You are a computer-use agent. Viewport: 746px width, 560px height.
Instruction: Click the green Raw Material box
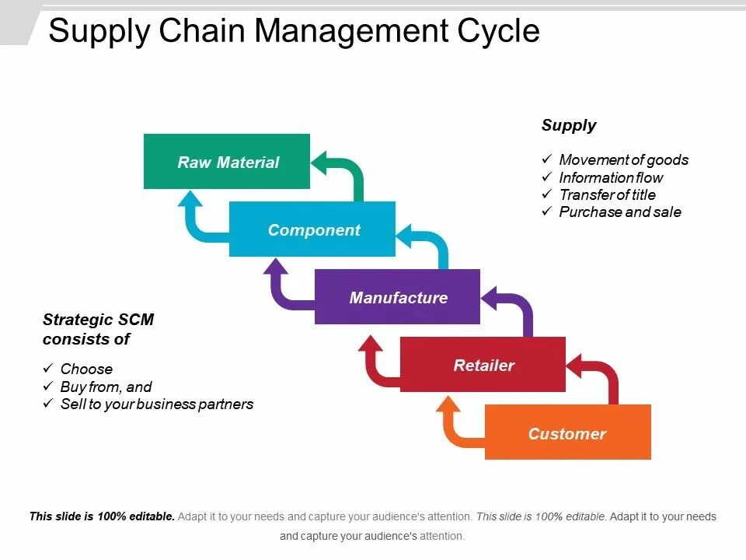point(227,162)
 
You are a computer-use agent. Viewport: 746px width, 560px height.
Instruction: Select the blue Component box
point(312,229)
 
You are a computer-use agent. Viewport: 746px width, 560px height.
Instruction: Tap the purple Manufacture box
point(397,297)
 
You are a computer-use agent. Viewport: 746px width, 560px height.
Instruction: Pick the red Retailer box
point(483,365)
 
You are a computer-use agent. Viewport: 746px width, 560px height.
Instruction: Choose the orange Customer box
point(567,433)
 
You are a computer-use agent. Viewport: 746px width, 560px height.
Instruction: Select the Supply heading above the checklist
point(569,125)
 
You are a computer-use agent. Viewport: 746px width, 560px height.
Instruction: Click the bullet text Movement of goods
point(623,160)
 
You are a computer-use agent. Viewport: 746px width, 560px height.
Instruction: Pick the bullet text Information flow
point(611,177)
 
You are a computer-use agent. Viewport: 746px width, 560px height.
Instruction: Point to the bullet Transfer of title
point(607,194)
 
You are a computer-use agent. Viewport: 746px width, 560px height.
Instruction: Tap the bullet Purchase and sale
point(619,212)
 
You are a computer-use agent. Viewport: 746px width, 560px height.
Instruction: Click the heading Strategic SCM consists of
point(98,329)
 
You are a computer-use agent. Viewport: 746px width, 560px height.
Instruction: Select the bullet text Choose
point(86,369)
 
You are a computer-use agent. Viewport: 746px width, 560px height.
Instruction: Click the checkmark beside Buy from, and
point(48,387)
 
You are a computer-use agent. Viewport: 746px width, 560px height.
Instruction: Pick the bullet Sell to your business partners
point(156,404)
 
